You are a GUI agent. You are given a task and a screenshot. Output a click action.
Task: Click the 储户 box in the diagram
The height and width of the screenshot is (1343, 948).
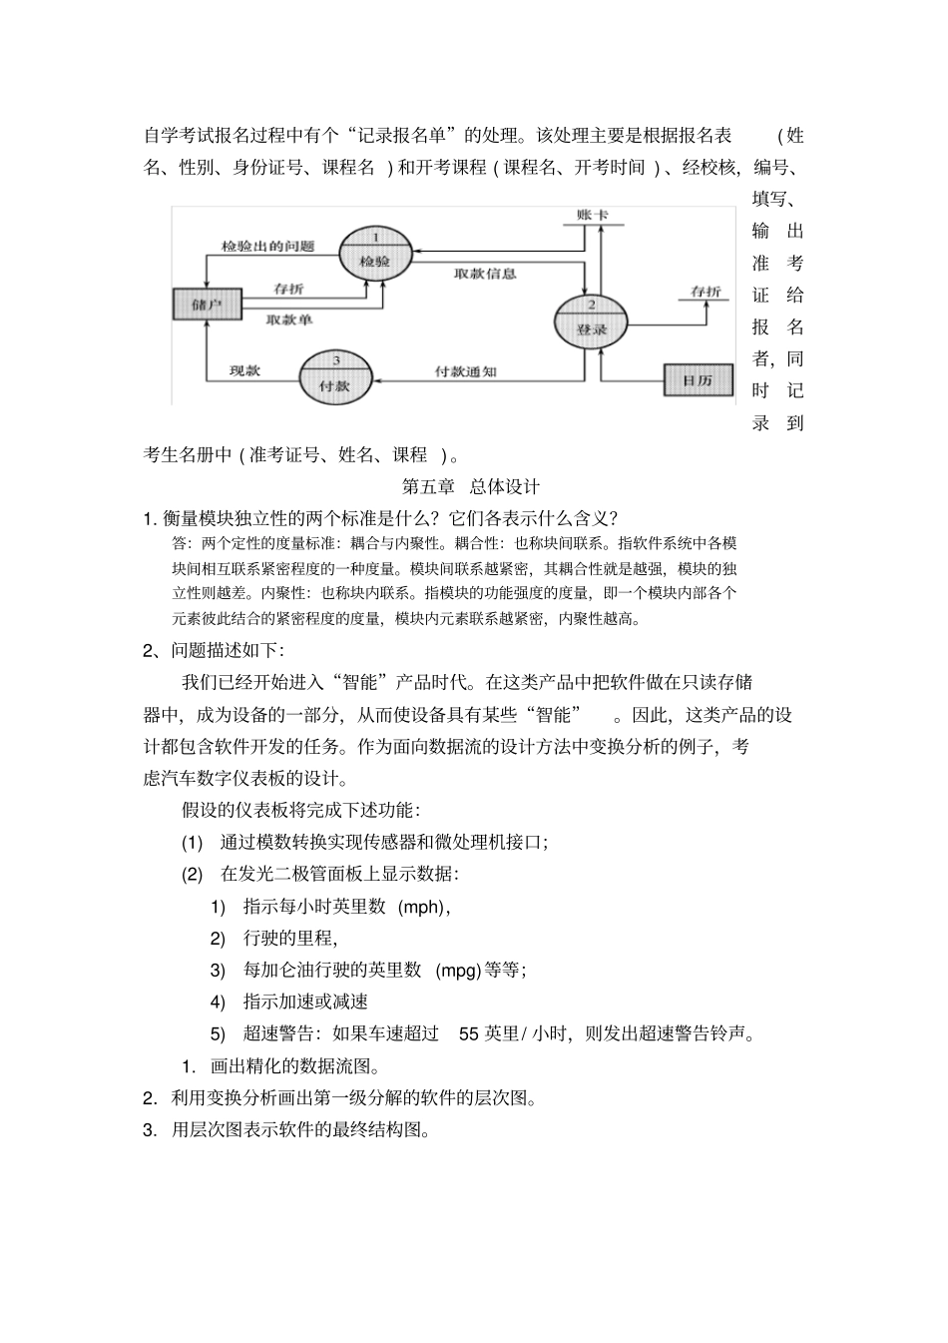[207, 305]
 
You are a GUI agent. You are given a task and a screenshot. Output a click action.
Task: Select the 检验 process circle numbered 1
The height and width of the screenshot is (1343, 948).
[376, 251]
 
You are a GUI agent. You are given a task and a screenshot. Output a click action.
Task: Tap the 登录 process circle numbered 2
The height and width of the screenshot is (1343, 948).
[590, 320]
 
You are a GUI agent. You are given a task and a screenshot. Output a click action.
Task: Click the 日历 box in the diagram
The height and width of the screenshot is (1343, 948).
[697, 380]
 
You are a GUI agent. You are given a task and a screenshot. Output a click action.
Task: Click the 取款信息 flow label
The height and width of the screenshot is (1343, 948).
[485, 274]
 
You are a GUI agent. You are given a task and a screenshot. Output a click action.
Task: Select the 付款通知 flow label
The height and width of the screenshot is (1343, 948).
[465, 371]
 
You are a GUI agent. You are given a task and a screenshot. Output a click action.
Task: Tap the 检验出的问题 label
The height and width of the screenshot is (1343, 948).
[267, 247]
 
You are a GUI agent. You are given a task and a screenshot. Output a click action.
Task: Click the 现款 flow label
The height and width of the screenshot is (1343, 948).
[244, 370]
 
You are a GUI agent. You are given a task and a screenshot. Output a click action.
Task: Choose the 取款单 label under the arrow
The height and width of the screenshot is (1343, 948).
[289, 320]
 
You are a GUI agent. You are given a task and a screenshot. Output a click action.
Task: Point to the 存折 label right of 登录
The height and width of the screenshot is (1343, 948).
[706, 292]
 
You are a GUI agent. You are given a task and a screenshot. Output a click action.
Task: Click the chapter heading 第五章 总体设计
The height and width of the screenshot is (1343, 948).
[470, 487]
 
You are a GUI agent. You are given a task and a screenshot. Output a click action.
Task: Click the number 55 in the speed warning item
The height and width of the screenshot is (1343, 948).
[469, 1033]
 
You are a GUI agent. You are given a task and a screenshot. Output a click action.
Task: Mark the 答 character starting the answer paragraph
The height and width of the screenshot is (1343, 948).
[180, 544]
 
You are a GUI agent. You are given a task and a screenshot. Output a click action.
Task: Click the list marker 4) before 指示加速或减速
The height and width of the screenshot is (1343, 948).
[219, 1002]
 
